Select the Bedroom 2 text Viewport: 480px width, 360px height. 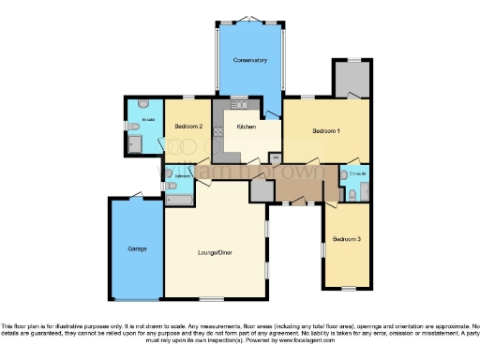[188, 127]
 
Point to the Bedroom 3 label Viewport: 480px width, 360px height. [346, 240]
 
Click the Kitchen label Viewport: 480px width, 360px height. [247, 127]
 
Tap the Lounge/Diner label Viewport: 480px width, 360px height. [215, 252]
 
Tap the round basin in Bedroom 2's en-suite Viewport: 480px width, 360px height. [142, 103]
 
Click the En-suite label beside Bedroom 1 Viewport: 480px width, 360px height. [355, 174]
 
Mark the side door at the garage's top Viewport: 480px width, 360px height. [139, 197]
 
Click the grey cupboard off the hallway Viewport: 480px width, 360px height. [260, 190]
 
